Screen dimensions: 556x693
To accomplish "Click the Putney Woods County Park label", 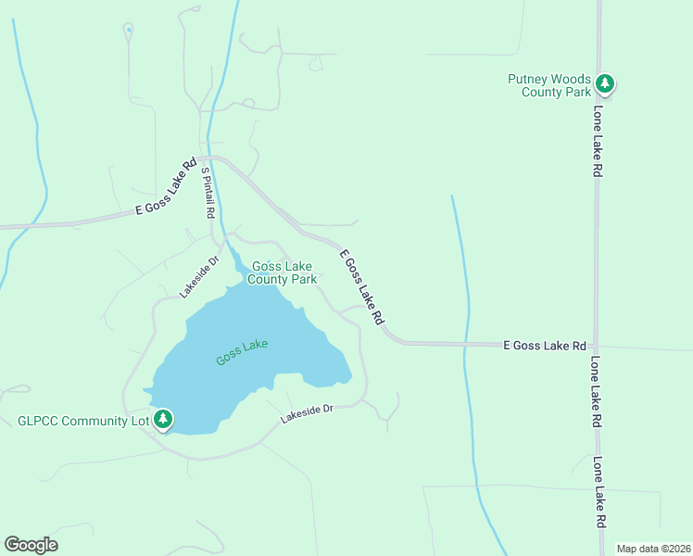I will [x=549, y=85].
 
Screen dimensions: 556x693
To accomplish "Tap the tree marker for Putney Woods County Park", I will [x=605, y=84].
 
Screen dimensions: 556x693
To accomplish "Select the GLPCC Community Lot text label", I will [x=84, y=421].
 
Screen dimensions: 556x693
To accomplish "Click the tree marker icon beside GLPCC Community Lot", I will [x=163, y=420].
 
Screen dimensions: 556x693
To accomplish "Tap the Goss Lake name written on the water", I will [x=242, y=352].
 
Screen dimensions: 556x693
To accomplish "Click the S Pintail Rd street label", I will [x=208, y=192].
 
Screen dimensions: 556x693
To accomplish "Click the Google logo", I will [x=31, y=545].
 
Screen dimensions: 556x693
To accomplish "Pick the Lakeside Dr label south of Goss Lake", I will [x=307, y=414].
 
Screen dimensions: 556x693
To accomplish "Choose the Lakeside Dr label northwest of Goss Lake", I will [x=198, y=277].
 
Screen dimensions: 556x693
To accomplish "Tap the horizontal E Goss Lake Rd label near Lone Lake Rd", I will [x=544, y=345].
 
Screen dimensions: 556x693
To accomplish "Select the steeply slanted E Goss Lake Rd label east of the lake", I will [x=361, y=286].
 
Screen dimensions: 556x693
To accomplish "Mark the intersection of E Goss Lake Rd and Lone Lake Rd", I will [x=598, y=345].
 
